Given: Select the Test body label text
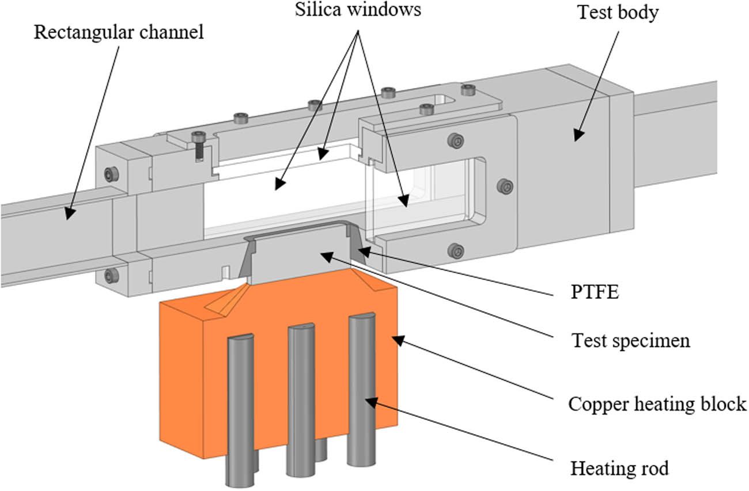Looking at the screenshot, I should coord(618,12).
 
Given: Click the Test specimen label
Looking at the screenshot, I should coord(630,340).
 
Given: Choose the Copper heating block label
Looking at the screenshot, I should coord(657,404).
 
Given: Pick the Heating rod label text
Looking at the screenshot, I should coord(619,469).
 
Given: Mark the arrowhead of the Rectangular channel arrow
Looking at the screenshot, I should coord(70,214).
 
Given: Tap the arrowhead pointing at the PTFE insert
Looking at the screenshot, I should coord(361,250).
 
